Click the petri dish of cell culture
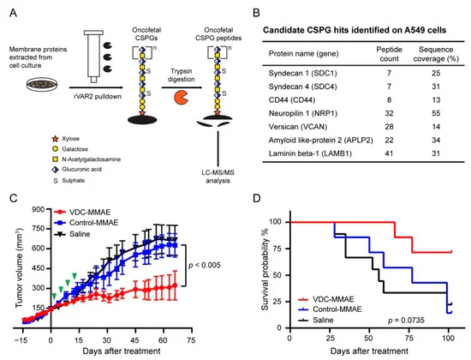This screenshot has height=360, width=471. pyautogui.click(x=42, y=85)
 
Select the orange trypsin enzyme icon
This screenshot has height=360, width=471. pyautogui.click(x=182, y=98)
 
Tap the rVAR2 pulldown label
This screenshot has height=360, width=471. pyautogui.click(x=98, y=97)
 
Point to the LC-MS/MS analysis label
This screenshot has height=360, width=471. pyautogui.click(x=218, y=177)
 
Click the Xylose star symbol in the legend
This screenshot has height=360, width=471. pyautogui.click(x=56, y=139)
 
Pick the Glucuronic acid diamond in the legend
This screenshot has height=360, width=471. pyautogui.click(x=56, y=170)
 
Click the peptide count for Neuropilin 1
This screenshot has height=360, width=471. pyautogui.click(x=389, y=113)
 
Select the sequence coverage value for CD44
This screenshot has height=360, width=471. pyautogui.click(x=436, y=99)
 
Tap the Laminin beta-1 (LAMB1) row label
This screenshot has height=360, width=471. pyautogui.click(x=310, y=153)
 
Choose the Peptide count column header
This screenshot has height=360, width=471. pyautogui.click(x=390, y=54)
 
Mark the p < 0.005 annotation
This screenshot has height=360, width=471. pyautogui.click(x=205, y=265)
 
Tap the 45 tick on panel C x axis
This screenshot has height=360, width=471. pyautogui.click(x=134, y=340)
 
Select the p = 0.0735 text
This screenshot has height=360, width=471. pyautogui.click(x=406, y=321)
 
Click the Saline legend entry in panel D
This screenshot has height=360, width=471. pyautogui.click(x=316, y=320)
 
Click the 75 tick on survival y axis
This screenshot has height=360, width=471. pyautogui.click(x=278, y=249)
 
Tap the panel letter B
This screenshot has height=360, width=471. pyautogui.click(x=256, y=13)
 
